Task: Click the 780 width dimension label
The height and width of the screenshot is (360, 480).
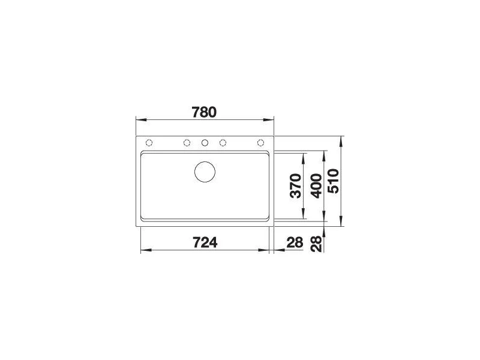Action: tap(204, 112)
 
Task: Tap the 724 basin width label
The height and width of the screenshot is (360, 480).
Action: tap(205, 242)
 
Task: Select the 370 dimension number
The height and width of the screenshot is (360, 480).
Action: tap(296, 186)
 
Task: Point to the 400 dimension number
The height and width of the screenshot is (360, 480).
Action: tap(316, 186)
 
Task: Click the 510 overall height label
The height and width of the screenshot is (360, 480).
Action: tap(334, 181)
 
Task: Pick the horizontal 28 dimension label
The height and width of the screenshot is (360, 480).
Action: tap(295, 242)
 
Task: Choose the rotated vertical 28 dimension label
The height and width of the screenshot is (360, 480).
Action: tap(316, 244)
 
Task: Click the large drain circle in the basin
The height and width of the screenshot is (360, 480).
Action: tap(205, 161)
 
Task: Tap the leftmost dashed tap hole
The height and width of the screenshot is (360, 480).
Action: tap(149, 143)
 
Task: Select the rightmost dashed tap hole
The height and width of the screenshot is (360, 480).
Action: tap(260, 143)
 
